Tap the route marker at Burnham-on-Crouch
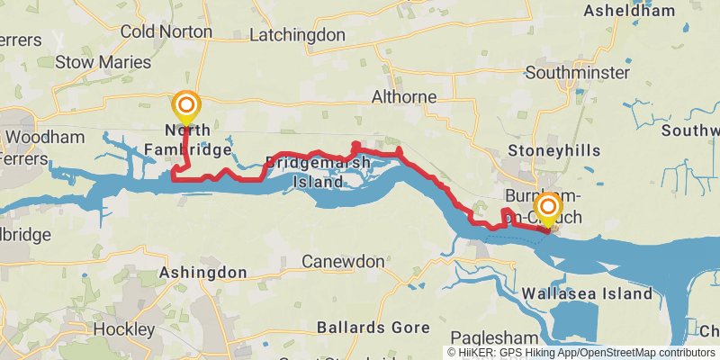point(547,211)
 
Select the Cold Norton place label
point(166,31)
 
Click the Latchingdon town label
point(297,35)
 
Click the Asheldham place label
point(629,11)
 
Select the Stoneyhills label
point(553,150)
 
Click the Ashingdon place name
point(202,271)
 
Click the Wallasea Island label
point(587,293)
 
